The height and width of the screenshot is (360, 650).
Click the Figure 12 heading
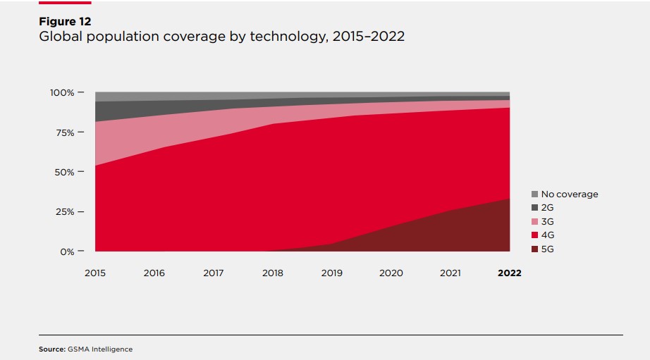pos(65,22)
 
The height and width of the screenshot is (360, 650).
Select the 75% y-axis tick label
pos(61,132)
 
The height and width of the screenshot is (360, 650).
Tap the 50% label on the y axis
pos(61,172)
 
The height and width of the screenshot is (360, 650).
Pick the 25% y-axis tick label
pos(61,211)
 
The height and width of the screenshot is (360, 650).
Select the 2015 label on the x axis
pos(95,273)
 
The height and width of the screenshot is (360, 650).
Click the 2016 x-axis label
pos(154,273)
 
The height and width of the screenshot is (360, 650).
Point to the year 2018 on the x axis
pos(273,273)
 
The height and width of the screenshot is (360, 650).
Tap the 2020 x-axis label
pos(391,273)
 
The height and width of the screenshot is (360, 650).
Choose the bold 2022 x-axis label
pos(509,273)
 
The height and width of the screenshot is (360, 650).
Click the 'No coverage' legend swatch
pos(534,194)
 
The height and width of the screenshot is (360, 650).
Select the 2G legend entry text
pos(548,208)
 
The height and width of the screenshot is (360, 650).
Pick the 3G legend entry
pos(548,222)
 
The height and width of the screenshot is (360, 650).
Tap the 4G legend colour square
pos(534,235)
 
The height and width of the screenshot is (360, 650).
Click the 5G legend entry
pos(548,249)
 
